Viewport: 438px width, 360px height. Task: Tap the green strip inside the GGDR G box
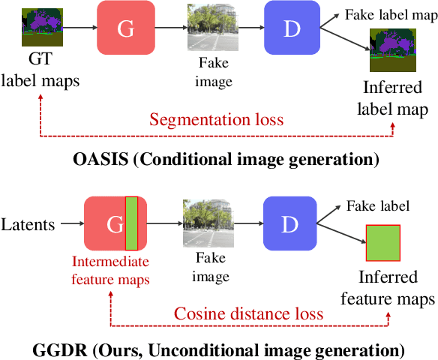pyautogui.click(x=131, y=224)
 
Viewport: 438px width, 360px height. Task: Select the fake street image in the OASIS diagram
pyautogui.click(x=207, y=27)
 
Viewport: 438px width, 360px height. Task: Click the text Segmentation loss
pyautogui.click(x=216, y=119)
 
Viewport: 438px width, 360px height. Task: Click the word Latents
pyautogui.click(x=28, y=223)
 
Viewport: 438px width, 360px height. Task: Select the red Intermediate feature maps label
pyautogui.click(x=110, y=270)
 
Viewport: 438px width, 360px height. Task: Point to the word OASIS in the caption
pyautogui.click(x=101, y=159)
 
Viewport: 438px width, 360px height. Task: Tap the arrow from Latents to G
pyautogui.click(x=72, y=223)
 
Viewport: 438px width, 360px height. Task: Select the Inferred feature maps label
pyautogui.click(x=387, y=288)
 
